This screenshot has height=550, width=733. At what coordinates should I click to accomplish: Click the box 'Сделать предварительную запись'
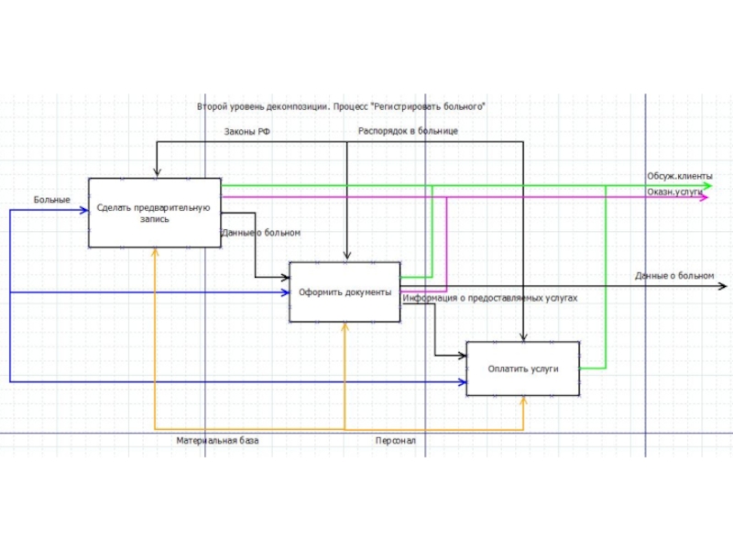pos(154,213)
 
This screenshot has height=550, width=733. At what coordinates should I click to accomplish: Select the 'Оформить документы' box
pos(345,292)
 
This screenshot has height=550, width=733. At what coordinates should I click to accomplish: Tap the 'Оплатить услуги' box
pos(522,368)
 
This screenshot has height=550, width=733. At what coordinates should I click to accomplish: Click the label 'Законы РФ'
pos(247,131)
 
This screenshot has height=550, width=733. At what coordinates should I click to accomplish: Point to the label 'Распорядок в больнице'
pos(408,131)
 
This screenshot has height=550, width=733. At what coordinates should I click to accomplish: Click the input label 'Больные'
pos(52,199)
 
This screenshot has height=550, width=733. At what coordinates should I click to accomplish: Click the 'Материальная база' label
pos(217,441)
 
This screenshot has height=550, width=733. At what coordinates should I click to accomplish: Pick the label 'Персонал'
pos(395,441)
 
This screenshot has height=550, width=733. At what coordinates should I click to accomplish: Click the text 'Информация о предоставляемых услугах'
pos(490,298)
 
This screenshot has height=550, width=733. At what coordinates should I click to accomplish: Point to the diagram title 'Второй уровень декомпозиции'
pos(340,106)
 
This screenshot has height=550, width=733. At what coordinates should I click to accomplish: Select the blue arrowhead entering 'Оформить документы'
pos(285,292)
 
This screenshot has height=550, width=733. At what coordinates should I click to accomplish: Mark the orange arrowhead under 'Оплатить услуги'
pos(523,401)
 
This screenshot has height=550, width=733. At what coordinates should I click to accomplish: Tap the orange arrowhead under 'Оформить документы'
pos(345,326)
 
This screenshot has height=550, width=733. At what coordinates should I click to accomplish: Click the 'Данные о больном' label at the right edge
pos(673,275)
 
